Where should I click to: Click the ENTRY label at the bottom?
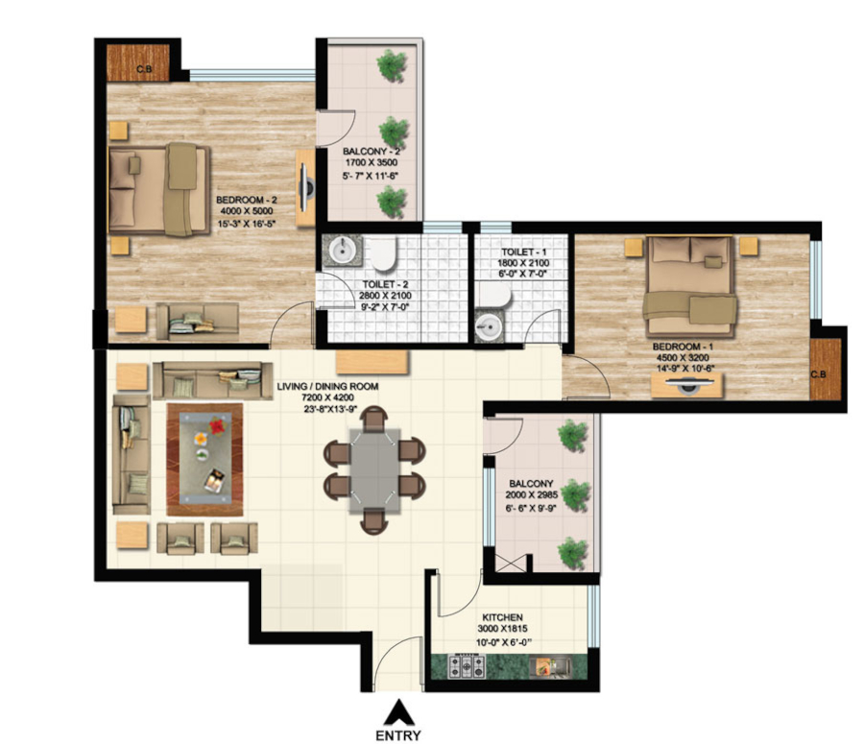tap(396, 735)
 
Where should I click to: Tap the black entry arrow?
tap(396, 713)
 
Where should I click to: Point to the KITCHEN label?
tap(502, 618)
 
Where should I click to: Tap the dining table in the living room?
tap(374, 469)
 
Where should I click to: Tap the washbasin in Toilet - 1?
tap(489, 326)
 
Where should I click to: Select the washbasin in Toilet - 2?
tap(342, 251)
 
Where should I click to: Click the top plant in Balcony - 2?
tap(391, 66)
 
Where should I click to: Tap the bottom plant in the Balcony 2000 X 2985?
tap(573, 552)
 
